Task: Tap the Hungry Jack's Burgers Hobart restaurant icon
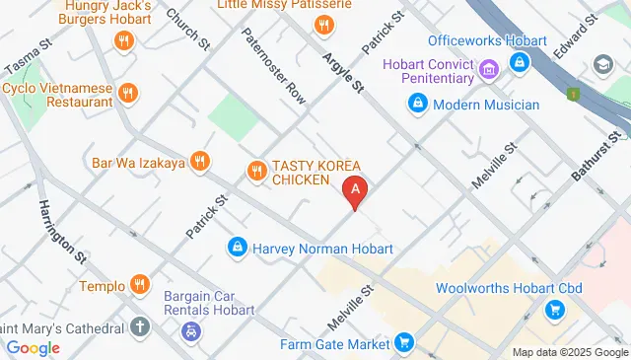tap(123, 40)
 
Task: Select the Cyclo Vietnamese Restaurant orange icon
tap(127, 94)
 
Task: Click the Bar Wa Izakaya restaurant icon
tap(200, 162)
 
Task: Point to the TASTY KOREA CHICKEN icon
tap(256, 170)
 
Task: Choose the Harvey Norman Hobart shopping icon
tap(237, 247)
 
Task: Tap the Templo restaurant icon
tap(139, 284)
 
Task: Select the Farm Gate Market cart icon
tap(403, 342)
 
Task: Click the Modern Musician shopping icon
tap(417, 104)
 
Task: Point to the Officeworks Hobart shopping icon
tap(520, 62)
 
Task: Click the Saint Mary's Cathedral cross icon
tap(141, 326)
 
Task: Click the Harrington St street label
tap(62, 231)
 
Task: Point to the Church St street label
tap(188, 30)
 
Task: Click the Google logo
tap(33, 347)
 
